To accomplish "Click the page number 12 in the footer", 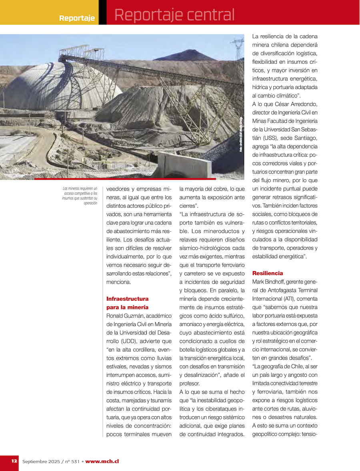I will pos(14,461).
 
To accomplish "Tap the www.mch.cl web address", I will pos(102,461).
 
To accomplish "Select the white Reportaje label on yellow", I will pos(77,18).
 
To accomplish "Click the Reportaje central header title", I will pos(174,15).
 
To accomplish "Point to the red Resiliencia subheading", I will pos(267,273).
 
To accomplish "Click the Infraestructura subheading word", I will pos(128,299).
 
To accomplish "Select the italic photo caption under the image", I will pos(80,196).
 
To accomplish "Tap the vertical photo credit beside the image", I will pos(241,134).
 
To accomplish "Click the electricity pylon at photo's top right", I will pos(238,48).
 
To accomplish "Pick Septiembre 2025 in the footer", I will pos(40,461).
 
